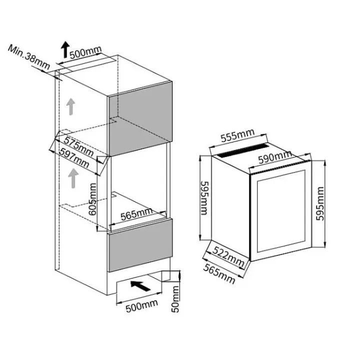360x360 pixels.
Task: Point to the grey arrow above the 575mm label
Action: (x=71, y=106)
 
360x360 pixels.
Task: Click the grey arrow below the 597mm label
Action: (x=73, y=177)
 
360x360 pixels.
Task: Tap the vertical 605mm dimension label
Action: (x=92, y=199)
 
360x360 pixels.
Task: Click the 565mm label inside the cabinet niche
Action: (x=136, y=213)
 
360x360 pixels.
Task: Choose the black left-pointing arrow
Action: (x=139, y=285)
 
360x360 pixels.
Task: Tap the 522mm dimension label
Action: (x=228, y=255)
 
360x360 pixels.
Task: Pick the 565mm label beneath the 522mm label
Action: (x=218, y=273)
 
